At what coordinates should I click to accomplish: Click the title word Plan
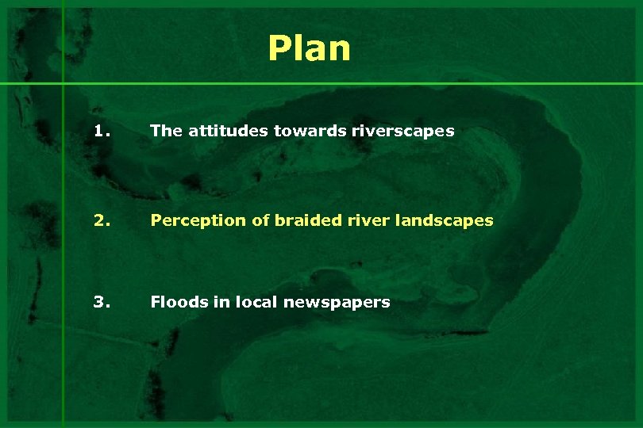click(309, 48)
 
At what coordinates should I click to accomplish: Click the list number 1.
click(102, 131)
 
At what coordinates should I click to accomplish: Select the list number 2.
click(102, 220)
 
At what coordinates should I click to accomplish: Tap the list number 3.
click(102, 301)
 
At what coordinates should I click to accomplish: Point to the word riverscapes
click(405, 131)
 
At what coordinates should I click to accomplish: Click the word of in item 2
click(260, 220)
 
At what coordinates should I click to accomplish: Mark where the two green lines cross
click(63, 83)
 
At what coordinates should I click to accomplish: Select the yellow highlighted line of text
click(321, 220)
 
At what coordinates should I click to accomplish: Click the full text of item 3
click(270, 301)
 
